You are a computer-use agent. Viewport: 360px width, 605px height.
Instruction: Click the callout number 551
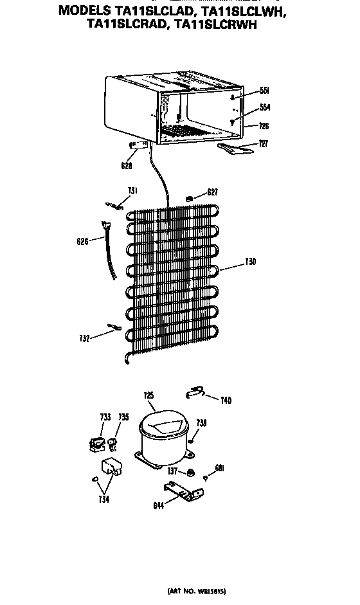coord(264,91)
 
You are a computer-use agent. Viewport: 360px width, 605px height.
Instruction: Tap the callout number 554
coord(265,107)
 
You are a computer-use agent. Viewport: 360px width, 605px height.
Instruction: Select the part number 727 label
coord(263,144)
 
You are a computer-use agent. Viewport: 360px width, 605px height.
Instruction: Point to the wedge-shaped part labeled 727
coord(235,148)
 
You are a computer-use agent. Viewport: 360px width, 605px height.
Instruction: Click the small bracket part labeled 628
coord(138,145)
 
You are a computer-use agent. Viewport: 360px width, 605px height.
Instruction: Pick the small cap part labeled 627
coord(189,199)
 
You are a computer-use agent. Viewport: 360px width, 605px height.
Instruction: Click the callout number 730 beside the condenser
coord(251,262)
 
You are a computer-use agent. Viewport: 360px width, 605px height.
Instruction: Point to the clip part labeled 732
coord(114,327)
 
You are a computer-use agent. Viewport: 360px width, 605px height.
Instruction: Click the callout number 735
coord(123,417)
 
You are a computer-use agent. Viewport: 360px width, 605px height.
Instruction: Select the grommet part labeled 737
coord(190,473)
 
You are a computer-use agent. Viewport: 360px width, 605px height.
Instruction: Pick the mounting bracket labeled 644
coord(183,491)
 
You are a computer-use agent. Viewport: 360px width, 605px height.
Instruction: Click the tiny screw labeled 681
coord(206,478)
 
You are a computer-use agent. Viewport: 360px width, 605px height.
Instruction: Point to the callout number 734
coord(104,499)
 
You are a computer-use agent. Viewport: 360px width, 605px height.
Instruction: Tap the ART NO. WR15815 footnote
coord(197,591)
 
